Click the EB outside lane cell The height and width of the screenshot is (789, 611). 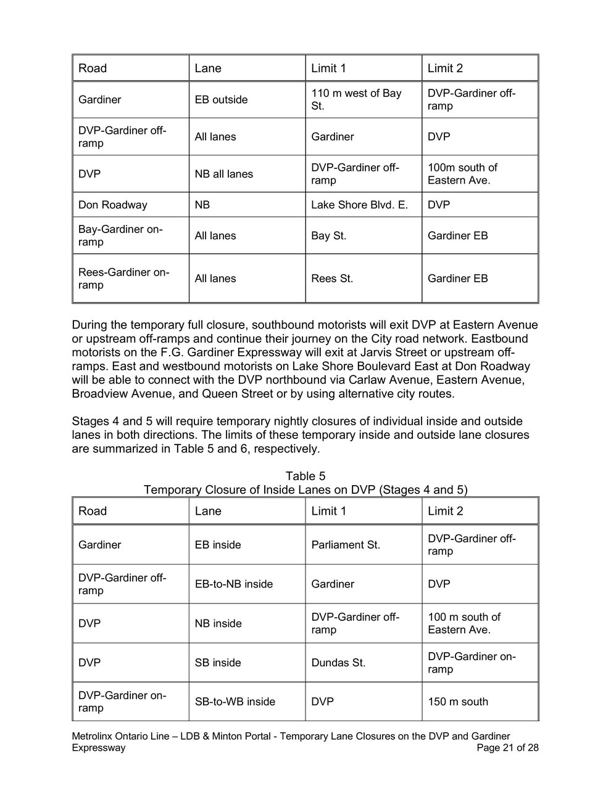click(x=221, y=100)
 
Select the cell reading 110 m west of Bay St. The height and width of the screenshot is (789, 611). click(x=356, y=100)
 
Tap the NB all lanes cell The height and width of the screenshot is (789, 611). click(x=223, y=174)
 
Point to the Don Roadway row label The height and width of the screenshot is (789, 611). click(x=112, y=205)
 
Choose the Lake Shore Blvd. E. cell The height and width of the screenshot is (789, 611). click(x=359, y=205)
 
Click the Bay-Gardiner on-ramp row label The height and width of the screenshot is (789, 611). click(x=120, y=235)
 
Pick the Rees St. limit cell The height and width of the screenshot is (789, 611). click(x=332, y=279)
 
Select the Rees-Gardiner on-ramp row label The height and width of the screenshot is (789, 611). click(x=123, y=279)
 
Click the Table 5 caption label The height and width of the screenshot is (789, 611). click(x=305, y=476)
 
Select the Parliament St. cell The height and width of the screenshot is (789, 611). click(x=346, y=545)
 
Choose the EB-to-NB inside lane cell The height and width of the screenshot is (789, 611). click(x=233, y=584)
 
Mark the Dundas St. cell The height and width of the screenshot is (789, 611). click(x=338, y=663)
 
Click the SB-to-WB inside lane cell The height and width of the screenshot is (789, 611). click(x=235, y=701)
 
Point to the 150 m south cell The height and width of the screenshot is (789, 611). click(x=457, y=701)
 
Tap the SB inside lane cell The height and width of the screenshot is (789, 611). click(x=218, y=663)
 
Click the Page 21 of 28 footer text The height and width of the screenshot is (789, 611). click(x=508, y=748)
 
